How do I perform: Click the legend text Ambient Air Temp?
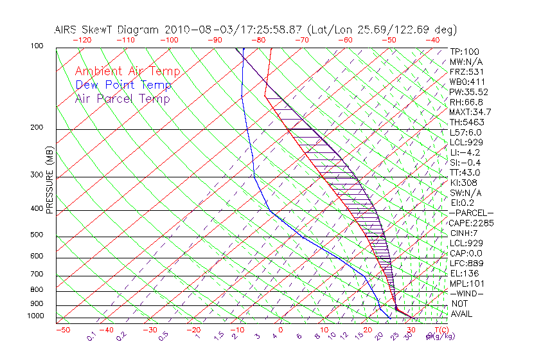coord(127,71)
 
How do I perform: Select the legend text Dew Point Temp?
coord(123,85)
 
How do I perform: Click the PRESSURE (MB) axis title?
coord(50,180)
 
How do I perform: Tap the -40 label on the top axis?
coord(432,40)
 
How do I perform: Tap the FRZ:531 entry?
coord(465,72)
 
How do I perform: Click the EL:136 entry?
coord(463,273)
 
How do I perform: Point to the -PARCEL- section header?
coord(471,213)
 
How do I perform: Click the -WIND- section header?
coord(466,293)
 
